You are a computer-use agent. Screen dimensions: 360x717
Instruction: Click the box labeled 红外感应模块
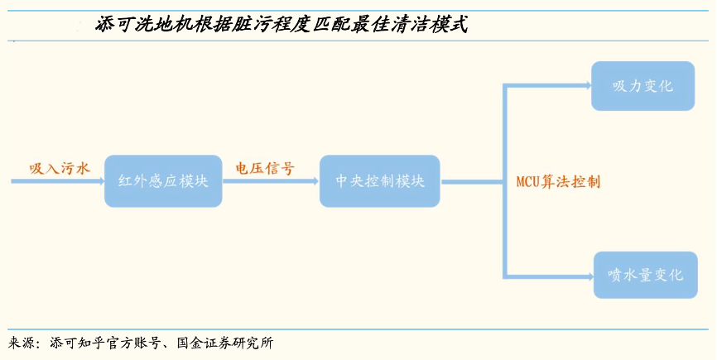pos(163,181)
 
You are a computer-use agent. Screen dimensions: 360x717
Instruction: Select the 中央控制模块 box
pos(380,181)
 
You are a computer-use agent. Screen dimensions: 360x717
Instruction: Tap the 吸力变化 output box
pos(642,86)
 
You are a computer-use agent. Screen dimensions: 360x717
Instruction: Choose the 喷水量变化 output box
pos(645,275)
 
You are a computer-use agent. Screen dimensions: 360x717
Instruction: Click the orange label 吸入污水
pos(59,168)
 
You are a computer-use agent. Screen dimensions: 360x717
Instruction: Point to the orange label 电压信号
pos(265,168)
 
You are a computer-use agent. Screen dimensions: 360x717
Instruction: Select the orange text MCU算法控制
pos(558,181)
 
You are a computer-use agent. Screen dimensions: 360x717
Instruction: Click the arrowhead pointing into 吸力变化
pos(585,85)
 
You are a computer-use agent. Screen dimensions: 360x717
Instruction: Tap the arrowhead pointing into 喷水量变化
pos(587,276)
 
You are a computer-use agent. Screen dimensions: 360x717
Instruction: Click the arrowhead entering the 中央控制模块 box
pos(314,181)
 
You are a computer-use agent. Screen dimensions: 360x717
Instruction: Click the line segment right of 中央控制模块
pos(472,181)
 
